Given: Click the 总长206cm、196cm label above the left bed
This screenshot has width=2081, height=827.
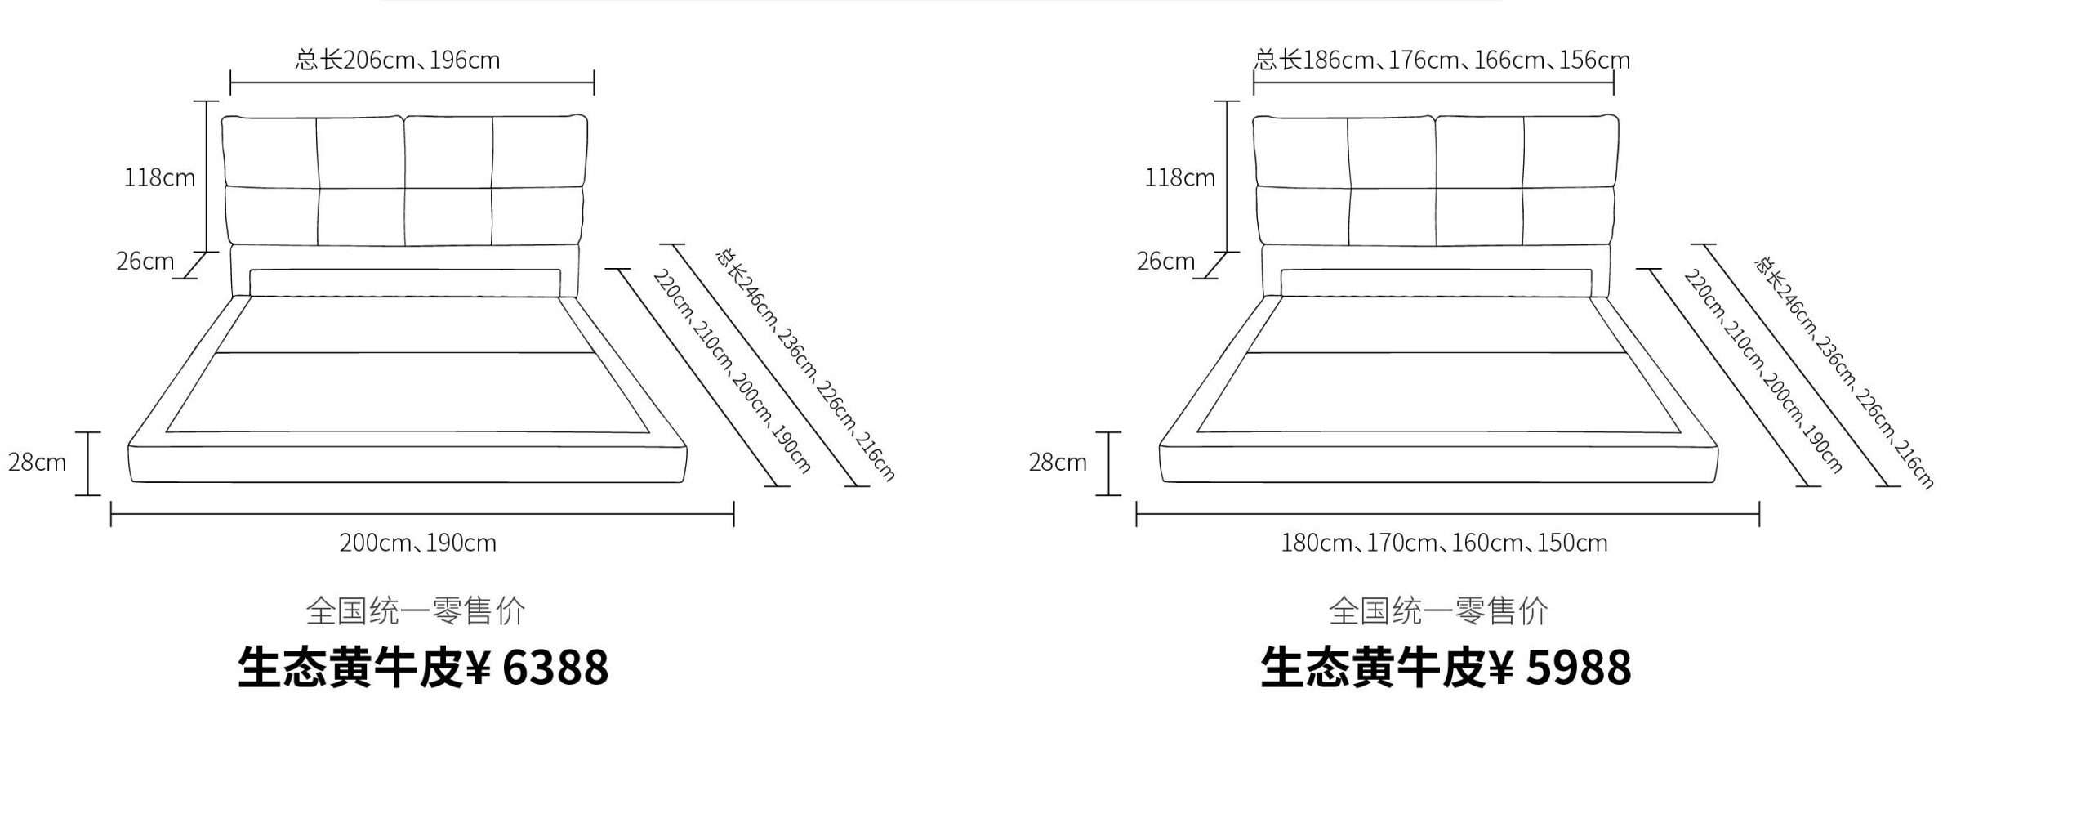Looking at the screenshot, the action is (398, 60).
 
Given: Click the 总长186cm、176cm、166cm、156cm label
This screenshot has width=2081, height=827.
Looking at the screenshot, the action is (1442, 60).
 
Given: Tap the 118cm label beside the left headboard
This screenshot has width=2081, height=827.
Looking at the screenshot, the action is (159, 178).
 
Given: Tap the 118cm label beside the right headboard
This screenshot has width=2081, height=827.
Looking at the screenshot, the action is (1180, 178).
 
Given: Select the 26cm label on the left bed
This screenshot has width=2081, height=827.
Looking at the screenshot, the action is (145, 262).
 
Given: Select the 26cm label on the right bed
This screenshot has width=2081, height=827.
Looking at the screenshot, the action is (1165, 262).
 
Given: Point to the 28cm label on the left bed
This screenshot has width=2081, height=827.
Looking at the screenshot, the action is (38, 463).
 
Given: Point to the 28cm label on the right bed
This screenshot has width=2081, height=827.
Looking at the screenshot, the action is (1058, 463).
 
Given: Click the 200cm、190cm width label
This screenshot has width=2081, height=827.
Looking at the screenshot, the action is (418, 543).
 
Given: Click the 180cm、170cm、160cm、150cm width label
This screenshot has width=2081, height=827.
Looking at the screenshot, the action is (1444, 543).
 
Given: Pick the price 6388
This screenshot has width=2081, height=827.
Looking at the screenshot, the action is (555, 668).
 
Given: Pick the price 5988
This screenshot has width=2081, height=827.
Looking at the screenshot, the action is (1579, 668).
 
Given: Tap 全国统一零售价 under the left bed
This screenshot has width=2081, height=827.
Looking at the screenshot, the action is (416, 611).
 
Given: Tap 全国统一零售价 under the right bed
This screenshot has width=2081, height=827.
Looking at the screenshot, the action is (1438, 611).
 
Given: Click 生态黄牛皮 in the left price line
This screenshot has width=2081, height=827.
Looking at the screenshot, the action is (350, 668).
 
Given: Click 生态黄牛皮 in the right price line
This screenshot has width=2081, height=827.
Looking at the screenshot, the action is (1373, 668).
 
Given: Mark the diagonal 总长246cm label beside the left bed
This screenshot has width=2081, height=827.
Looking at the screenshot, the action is (805, 364).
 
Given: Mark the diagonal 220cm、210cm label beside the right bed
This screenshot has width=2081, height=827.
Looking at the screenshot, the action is (1762, 372).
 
